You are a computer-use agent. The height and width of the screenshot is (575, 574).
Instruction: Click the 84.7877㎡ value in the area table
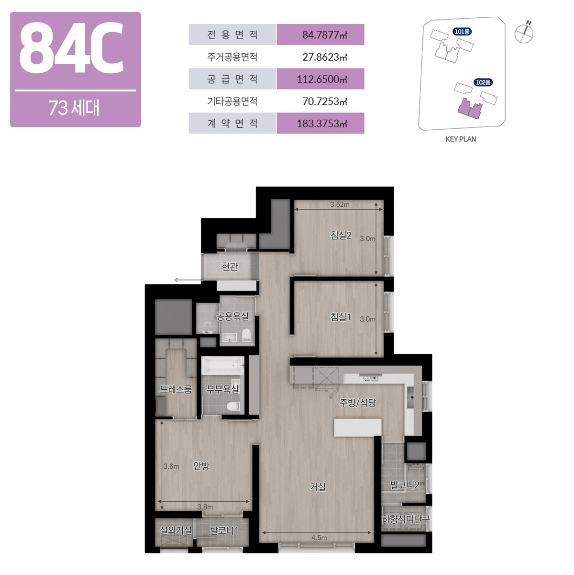(x=325, y=35)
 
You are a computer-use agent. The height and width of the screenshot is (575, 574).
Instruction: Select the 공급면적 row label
(x=232, y=79)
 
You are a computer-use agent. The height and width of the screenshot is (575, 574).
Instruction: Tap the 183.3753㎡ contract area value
(x=322, y=124)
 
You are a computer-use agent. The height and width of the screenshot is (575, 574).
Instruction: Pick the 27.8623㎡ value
(x=325, y=57)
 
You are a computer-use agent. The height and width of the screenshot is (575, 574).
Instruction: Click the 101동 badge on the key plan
(x=462, y=32)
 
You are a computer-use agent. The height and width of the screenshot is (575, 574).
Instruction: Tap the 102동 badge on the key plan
(x=483, y=82)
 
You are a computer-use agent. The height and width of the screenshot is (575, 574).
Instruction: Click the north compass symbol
(x=524, y=33)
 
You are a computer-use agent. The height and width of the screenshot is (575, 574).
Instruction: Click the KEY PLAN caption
(x=461, y=139)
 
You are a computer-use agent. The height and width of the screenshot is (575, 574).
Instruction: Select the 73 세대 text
(x=74, y=108)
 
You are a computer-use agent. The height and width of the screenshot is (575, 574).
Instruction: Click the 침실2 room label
(x=341, y=236)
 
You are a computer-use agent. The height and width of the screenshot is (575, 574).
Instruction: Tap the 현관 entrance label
(x=230, y=266)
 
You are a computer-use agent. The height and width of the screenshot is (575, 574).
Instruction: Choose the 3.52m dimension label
(x=339, y=205)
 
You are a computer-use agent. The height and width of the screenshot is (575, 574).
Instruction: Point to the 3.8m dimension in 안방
(x=205, y=507)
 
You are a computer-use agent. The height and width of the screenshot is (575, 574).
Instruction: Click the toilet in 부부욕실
(x=233, y=406)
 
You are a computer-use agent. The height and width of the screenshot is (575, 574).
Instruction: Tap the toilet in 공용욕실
(x=246, y=335)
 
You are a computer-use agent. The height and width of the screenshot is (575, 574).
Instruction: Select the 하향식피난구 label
(x=406, y=519)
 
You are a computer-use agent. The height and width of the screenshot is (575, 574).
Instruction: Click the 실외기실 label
(x=176, y=530)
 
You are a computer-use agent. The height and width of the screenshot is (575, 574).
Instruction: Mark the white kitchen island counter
(x=357, y=428)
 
